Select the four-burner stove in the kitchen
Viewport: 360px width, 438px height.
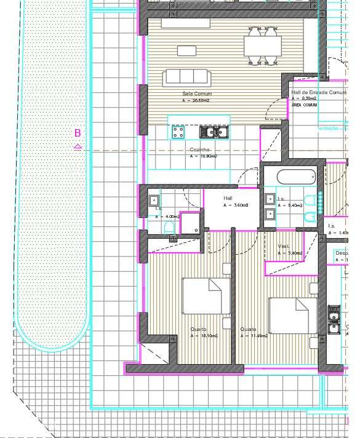[x=178, y=132]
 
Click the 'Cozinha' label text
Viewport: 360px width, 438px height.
[x=201, y=149]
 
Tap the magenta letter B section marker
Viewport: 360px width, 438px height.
[x=78, y=133]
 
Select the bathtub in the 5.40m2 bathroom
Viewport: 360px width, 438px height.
[x=296, y=178]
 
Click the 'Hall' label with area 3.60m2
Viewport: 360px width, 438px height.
[x=228, y=198]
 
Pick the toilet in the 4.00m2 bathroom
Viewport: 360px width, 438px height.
[x=170, y=228]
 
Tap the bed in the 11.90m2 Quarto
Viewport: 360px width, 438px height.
[x=292, y=315]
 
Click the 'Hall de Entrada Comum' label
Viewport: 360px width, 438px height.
[x=314, y=92]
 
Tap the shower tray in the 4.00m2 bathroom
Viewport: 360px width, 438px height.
[x=191, y=222]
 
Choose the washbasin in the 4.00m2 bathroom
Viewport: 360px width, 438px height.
[x=153, y=200]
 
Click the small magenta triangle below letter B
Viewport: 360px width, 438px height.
[x=78, y=146]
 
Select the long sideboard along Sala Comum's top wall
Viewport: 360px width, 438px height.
[x=195, y=23]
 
